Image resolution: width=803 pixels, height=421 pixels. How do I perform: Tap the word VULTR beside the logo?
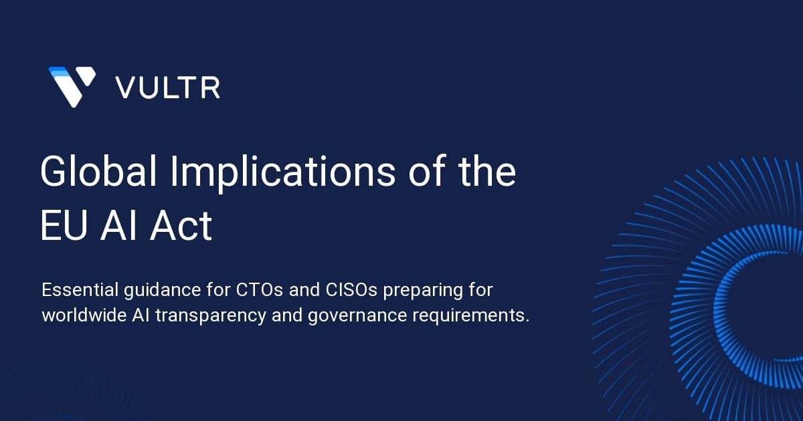(x=167, y=88)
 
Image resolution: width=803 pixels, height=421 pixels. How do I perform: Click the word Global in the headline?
(x=98, y=171)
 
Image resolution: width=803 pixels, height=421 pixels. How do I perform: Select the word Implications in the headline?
(x=282, y=173)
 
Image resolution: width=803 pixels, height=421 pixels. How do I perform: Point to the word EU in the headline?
(x=64, y=226)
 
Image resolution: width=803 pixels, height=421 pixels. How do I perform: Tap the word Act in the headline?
(x=181, y=226)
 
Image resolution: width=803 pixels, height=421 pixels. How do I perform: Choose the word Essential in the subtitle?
(x=80, y=289)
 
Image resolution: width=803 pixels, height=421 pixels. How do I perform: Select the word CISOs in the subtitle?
(x=351, y=289)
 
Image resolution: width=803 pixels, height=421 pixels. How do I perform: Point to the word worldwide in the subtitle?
(x=84, y=315)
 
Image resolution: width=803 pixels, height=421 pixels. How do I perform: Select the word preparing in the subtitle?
(x=423, y=291)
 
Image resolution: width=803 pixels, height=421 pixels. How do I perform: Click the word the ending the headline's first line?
(x=488, y=171)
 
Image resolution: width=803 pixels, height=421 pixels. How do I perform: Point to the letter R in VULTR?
(x=211, y=88)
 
